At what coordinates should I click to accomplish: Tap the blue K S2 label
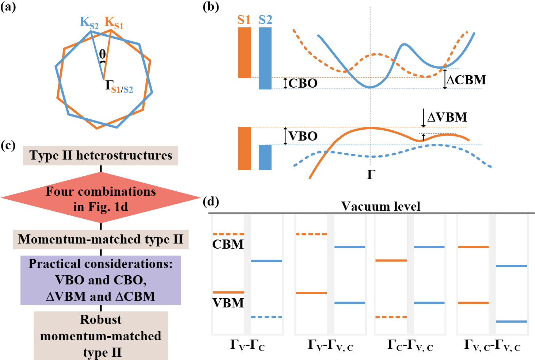[x=89, y=23]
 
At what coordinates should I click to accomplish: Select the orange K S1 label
[x=114, y=23]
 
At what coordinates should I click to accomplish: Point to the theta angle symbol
[x=102, y=54]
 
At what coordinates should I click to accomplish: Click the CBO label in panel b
[x=303, y=83]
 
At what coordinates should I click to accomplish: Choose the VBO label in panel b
[x=303, y=136]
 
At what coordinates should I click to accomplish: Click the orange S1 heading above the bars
[x=244, y=20]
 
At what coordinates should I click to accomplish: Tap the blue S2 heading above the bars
[x=265, y=20]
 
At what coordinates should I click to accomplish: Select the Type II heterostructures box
[x=100, y=156]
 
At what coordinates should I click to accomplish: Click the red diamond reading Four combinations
[x=100, y=198]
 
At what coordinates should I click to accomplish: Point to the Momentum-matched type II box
[x=100, y=240]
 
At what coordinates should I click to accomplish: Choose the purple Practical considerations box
[x=100, y=280]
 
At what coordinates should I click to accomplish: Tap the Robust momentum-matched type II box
[x=100, y=336]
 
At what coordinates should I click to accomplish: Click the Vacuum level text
[x=380, y=206]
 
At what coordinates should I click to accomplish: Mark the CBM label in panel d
[x=228, y=244]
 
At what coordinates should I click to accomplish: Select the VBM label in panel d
[x=228, y=303]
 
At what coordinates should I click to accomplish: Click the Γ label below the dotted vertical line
[x=371, y=175]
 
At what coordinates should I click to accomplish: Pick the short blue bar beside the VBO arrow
[x=265, y=157]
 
